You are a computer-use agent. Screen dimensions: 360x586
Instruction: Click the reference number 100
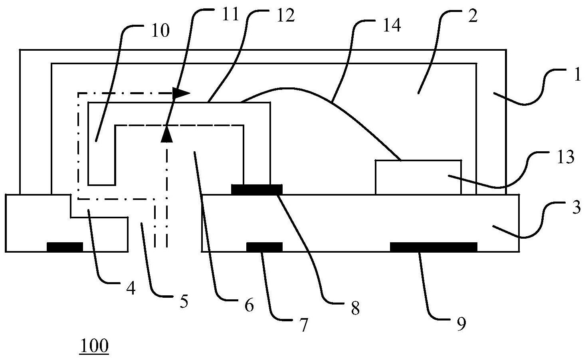pos(95,346)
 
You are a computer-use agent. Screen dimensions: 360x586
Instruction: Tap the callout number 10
pos(160,31)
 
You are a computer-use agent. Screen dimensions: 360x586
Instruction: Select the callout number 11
pos(230,14)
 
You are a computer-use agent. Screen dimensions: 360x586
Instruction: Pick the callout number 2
pos(472,18)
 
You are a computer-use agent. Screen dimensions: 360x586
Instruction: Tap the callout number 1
pos(576,75)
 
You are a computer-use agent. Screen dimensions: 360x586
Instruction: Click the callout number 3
pos(576,208)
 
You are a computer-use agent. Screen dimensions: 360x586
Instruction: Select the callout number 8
pos(355,308)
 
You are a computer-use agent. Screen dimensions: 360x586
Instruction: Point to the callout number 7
pos(304,326)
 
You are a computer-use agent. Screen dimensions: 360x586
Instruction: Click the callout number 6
pos(248,306)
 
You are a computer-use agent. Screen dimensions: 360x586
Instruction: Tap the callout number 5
pos(183,302)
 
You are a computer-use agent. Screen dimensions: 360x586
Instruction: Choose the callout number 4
pos(131,288)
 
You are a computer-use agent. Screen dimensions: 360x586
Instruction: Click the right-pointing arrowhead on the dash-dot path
pos(182,93)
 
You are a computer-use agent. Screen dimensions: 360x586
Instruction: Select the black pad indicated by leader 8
pos(257,189)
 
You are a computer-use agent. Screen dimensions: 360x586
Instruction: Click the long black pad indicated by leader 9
pos(433,247)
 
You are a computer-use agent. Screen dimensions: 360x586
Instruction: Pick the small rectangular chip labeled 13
pos(418,177)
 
